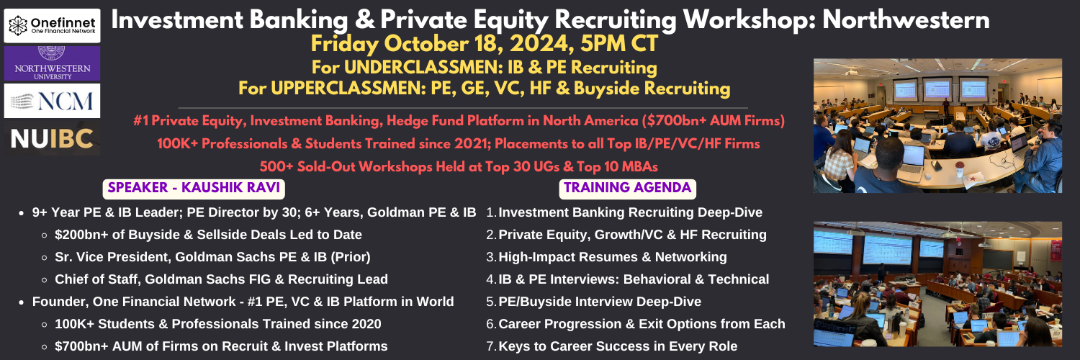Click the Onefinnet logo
coord(52,25)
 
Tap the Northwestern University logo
coord(52,63)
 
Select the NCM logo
coord(52,101)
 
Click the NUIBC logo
coord(52,138)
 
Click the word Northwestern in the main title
coord(906,19)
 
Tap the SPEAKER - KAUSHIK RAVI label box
coord(194,188)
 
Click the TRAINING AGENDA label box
coord(627,188)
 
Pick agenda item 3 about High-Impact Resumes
coord(606,257)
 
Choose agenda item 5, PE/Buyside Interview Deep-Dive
coord(593,302)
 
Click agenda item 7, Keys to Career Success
coord(612,346)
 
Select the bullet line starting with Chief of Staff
coord(221,279)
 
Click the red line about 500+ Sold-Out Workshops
coord(459,167)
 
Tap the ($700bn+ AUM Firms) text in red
coord(713,120)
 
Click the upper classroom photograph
coord(937,126)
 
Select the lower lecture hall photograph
coord(937,284)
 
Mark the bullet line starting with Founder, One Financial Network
coord(243,302)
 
